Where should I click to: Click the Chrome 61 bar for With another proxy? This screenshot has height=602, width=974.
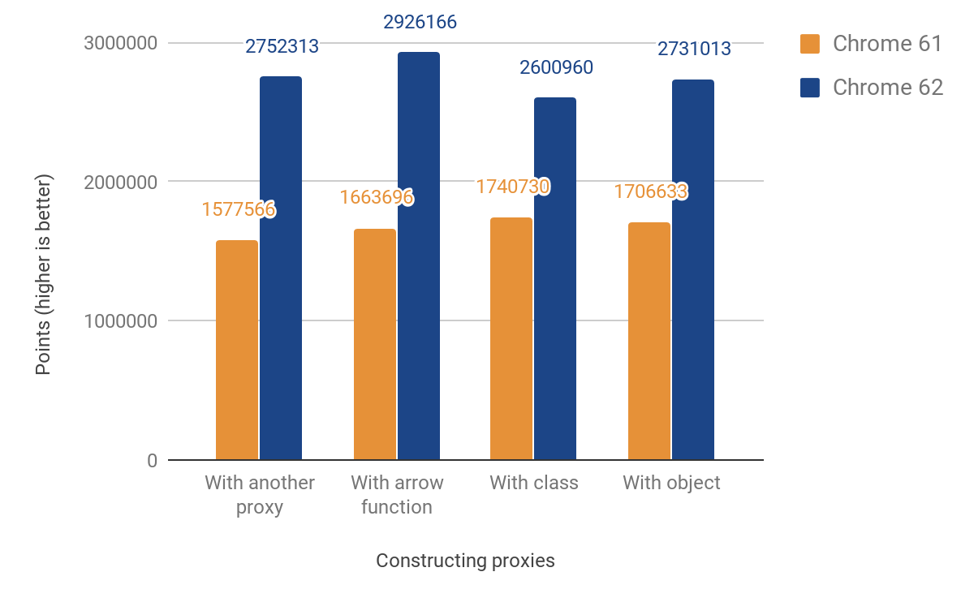[237, 350]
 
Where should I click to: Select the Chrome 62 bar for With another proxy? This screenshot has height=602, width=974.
[281, 269]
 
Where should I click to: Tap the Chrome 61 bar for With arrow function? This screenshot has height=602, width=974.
[375, 345]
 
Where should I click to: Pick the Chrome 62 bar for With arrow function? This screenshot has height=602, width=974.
[419, 256]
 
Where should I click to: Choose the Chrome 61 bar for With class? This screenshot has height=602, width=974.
[511, 339]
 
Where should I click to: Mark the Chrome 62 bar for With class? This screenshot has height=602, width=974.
[555, 279]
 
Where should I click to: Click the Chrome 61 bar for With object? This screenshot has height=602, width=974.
[649, 342]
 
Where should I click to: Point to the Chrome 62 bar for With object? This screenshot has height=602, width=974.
[693, 270]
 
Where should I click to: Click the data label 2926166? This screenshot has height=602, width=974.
[420, 22]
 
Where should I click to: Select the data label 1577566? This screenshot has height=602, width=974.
[239, 209]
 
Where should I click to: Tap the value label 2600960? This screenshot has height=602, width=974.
[556, 67]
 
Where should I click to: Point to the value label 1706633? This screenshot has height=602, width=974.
[651, 191]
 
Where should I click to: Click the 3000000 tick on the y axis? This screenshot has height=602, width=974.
[120, 43]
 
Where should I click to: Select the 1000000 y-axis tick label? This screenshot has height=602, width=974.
[120, 321]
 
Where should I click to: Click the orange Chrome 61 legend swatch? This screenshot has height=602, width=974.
[810, 44]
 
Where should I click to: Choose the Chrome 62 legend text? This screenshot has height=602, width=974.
[888, 88]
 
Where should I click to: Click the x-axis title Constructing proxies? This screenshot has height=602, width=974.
[465, 561]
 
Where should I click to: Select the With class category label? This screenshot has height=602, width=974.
[534, 483]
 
